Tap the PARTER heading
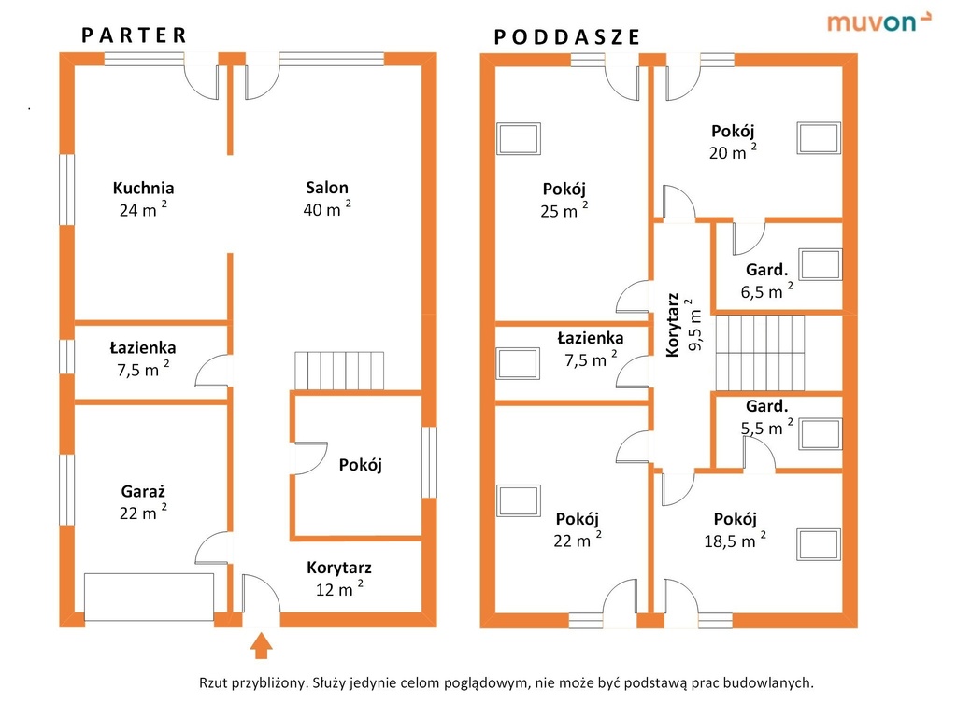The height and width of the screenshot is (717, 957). (135, 35)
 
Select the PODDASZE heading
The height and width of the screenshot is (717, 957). (567, 37)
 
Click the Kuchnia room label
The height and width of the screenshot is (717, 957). (143, 198)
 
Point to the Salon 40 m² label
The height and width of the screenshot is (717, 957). (327, 198)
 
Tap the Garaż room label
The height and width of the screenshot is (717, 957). (143, 501)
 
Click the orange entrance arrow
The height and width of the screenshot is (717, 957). (262, 645)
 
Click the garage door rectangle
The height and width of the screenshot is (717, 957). (150, 596)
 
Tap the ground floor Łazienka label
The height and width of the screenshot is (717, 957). (143, 358)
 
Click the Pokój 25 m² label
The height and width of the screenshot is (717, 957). (564, 200)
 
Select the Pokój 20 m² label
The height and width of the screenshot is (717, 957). (733, 141)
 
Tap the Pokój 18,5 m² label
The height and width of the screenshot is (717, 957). (735, 530)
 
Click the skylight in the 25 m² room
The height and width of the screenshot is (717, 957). (518, 139)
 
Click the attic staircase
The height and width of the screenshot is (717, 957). (761, 352)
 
